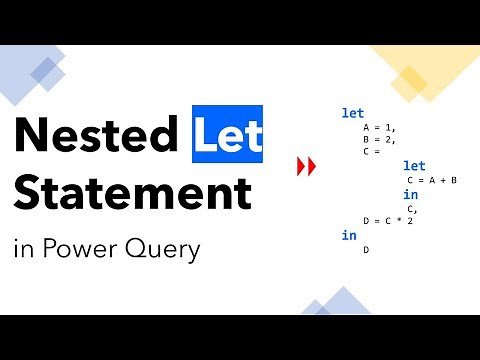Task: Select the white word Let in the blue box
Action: click(x=228, y=133)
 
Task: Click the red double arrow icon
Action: click(x=306, y=166)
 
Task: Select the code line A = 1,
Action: click(x=379, y=128)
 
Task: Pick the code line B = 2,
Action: click(x=379, y=140)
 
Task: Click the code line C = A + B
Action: click(x=431, y=180)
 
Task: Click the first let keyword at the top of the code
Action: click(x=353, y=113)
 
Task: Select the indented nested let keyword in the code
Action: click(x=414, y=166)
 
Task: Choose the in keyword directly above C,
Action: click(x=410, y=194)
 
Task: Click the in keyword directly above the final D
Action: click(x=349, y=235)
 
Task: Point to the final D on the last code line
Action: click(x=366, y=249)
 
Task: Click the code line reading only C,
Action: click(x=412, y=208)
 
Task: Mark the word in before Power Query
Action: click(x=23, y=248)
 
